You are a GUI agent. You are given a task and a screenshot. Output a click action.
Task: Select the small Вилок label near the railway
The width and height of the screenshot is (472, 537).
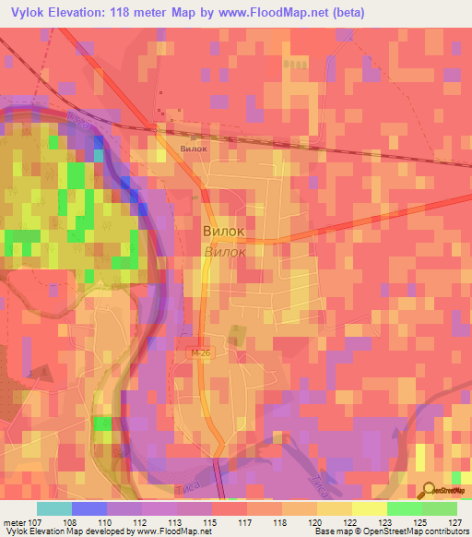pos(194,147)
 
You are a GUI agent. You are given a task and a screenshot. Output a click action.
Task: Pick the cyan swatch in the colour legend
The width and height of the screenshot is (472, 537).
pos(54,508)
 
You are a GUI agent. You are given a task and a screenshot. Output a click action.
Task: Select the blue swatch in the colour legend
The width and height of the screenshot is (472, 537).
pos(89,508)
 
